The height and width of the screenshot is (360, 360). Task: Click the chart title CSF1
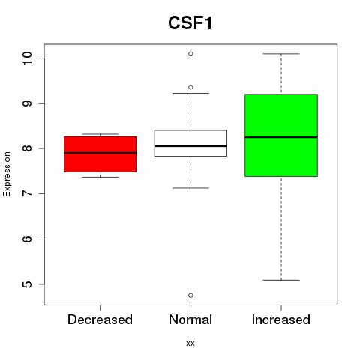click(190, 23)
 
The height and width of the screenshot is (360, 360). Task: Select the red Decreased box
click(100, 154)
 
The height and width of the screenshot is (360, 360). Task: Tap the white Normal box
click(190, 143)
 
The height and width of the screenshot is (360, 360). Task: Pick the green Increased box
click(281, 135)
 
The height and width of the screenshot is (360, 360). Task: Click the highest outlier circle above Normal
click(190, 54)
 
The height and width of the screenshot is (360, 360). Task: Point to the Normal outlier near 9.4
click(190, 87)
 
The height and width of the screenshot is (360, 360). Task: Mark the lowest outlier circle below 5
click(190, 295)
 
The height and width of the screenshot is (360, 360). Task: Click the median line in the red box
click(100, 153)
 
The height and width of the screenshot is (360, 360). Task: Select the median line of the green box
click(281, 137)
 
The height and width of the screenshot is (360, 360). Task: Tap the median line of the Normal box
click(190, 146)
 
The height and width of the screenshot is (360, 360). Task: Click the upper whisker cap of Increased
click(281, 54)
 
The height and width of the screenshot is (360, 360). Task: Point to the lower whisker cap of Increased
click(281, 280)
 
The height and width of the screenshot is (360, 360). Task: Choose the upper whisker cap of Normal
click(190, 93)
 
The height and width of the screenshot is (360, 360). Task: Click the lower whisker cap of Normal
click(190, 188)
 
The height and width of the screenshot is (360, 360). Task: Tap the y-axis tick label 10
click(27, 58)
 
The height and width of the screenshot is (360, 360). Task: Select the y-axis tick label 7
click(27, 193)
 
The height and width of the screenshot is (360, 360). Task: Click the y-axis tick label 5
click(27, 284)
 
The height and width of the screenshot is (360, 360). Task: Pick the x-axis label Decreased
click(100, 319)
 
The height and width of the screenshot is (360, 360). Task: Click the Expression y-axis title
click(7, 174)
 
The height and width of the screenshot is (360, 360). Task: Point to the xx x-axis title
click(190, 343)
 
